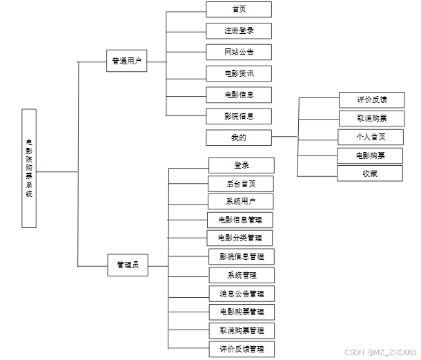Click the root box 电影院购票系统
tap(29, 169)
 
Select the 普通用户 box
tap(126, 61)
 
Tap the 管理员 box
tap(128, 265)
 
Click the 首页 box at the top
tap(239, 10)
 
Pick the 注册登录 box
tap(239, 31)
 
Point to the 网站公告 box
tap(239, 53)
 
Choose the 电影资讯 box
tap(239, 73)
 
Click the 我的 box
tap(239, 138)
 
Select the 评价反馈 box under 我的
tap(371, 100)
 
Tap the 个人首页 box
tap(371, 137)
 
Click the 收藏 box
tap(370, 173)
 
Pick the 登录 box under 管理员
tap(242, 166)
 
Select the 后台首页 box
tap(241, 184)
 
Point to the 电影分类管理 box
tap(240, 238)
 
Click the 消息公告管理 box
tap(242, 294)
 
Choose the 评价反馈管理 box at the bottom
tap(242, 349)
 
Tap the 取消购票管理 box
tap(242, 330)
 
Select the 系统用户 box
tap(241, 202)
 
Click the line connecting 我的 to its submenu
tap(284, 138)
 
